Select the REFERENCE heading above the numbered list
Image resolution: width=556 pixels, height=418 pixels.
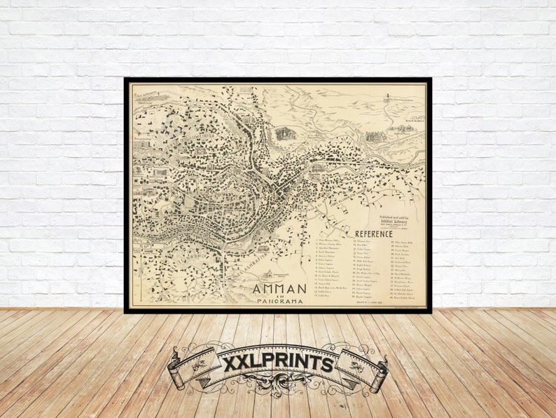coord(373,234)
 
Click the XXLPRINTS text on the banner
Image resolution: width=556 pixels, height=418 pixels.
coord(277,364)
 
